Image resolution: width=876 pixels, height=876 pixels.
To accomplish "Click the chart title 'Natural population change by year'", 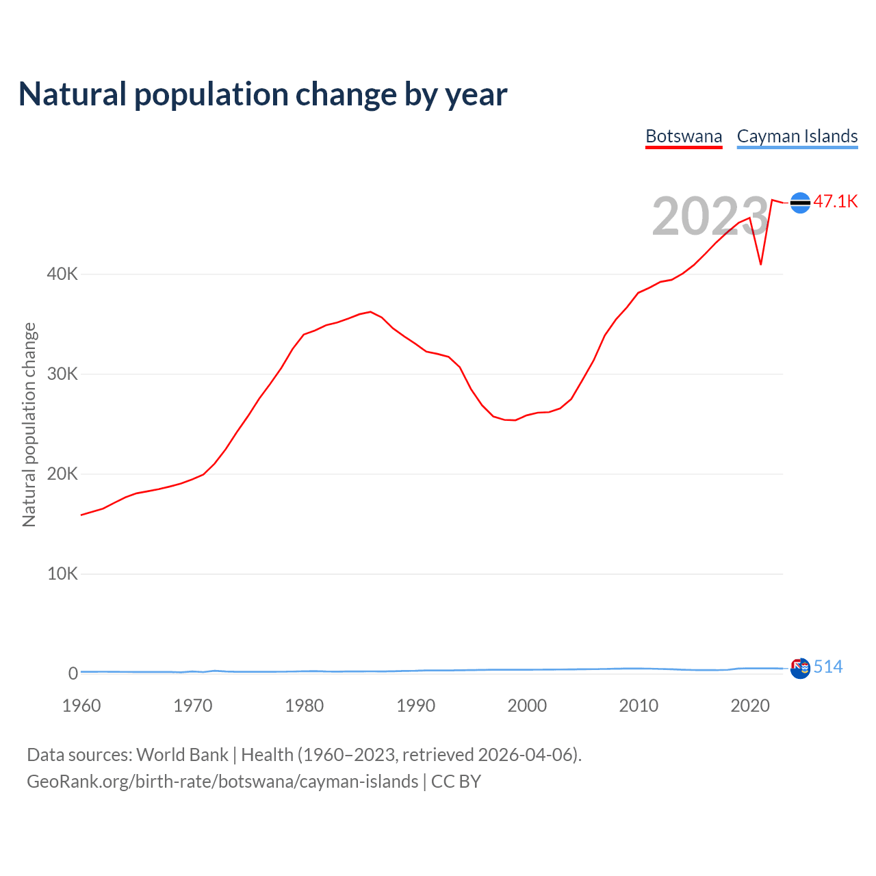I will pos(263,94).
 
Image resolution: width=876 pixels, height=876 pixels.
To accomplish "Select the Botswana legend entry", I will pos(684,136).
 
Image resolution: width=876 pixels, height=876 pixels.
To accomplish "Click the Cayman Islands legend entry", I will pos(797,136).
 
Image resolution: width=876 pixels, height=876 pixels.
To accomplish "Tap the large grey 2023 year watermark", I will pos(710,216).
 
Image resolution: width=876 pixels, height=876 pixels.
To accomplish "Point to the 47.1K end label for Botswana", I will pos(835,201).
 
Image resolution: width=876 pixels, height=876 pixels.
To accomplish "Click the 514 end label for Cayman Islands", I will pos(828,667).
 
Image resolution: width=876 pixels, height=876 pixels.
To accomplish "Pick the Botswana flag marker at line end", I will pos(800,203).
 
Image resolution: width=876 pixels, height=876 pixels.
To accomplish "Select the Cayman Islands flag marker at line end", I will pos(800,668).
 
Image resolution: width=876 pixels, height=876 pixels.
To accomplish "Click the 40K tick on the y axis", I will pos(62,274).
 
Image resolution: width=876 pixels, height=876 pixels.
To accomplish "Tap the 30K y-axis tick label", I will pos(62,374).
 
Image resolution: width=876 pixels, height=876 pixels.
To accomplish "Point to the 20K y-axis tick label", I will pos(62,474).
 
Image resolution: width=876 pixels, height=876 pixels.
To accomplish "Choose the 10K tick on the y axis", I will pos(62,574).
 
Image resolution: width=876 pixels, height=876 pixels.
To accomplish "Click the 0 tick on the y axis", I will pos(73,674).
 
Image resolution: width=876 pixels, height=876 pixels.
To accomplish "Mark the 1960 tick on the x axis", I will pos(81,706).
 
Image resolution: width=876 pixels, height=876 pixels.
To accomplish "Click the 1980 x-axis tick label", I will pos(305,706).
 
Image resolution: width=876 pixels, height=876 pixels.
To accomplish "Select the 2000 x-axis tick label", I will pos(527,706).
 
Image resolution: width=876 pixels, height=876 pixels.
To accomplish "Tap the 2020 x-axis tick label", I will pos(750,706).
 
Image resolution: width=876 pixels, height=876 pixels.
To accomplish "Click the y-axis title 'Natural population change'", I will pos(29,425).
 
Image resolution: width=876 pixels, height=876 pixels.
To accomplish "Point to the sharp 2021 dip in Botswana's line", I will pos(761,263).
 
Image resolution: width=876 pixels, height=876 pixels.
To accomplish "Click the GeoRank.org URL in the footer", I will pos(222,782).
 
